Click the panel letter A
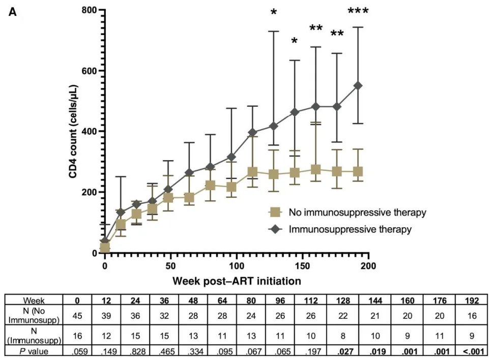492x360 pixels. click(13, 12)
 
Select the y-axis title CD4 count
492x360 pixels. click(74, 131)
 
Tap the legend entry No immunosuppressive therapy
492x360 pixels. click(357, 212)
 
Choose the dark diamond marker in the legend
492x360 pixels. click(276, 229)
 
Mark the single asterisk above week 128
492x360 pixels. click(274, 12)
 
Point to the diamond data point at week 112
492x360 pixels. click(252, 132)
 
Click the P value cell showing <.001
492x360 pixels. click(472, 350)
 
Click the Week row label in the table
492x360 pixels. click(34, 300)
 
